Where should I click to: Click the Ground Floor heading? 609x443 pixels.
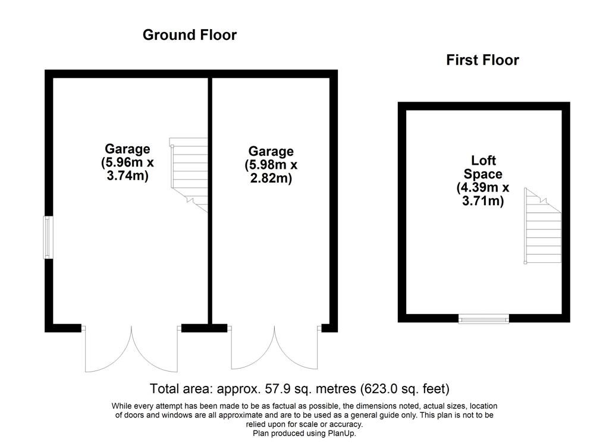tap(190, 35)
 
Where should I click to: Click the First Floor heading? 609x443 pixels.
tap(482, 60)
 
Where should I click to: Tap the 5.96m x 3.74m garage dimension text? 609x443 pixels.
tap(127, 169)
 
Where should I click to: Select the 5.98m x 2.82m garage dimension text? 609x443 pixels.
tap(271, 171)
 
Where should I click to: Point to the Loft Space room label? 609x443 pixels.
tap(483, 167)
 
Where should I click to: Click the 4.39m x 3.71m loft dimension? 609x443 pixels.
tap(483, 194)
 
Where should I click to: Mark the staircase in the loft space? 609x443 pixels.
tap(542, 226)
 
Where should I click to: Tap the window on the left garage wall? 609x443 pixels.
tap(48, 237)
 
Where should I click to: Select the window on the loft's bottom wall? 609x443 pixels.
tap(484, 319)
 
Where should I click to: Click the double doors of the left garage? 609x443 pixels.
tap(131, 348)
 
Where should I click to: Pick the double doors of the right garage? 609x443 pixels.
tap(275, 347)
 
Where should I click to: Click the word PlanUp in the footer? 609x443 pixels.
tap(342, 433)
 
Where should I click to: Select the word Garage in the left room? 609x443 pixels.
tap(127, 149)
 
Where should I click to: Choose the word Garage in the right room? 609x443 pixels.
tap(271, 152)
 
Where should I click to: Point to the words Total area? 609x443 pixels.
tap(181, 389)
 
